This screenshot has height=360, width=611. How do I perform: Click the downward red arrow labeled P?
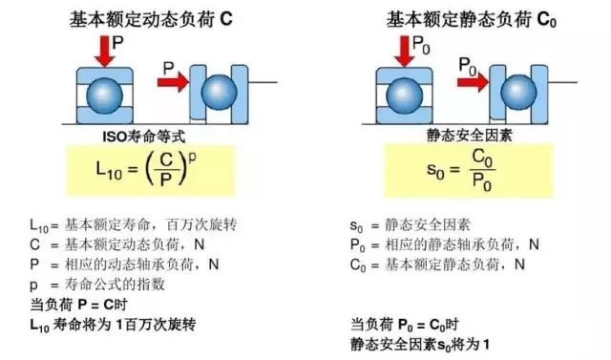[104, 52]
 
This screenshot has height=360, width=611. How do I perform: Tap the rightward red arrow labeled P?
[173, 82]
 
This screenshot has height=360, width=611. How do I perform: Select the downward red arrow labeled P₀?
[405, 52]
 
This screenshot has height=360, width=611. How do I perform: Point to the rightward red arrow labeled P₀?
[473, 82]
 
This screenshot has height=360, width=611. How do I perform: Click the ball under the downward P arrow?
[104, 95]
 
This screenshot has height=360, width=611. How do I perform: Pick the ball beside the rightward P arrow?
[219, 93]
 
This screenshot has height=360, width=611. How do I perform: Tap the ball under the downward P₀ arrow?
[404, 95]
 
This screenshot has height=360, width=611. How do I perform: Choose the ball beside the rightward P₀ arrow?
[518, 93]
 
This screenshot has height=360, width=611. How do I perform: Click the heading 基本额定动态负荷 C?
[151, 19]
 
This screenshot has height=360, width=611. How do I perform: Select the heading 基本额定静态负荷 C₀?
[471, 19]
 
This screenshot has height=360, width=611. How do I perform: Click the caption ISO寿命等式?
[144, 137]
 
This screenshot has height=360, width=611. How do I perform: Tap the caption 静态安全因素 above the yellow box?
[469, 136]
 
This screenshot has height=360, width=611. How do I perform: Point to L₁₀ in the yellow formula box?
[109, 170]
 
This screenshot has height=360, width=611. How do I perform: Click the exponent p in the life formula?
[192, 158]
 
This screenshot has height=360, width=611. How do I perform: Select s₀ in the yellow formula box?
[435, 170]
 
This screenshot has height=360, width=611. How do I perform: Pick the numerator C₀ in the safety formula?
[482, 158]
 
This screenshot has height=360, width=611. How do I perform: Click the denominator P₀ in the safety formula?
[482, 182]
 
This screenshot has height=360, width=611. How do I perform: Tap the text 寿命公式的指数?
[115, 285]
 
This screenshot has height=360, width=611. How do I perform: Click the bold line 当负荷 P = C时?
[78, 305]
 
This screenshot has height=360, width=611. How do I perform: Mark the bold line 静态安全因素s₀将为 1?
[420, 345]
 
